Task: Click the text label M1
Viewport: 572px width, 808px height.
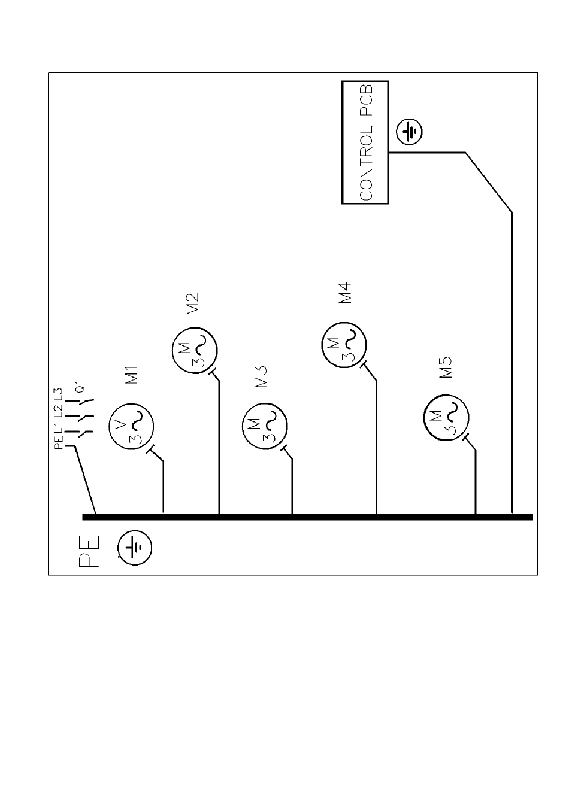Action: tap(132, 375)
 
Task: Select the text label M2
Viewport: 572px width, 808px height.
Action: tap(192, 304)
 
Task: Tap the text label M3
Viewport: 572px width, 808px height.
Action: tap(261, 376)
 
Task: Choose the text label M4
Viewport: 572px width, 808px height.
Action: tap(344, 293)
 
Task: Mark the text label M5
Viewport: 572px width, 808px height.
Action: tap(446, 367)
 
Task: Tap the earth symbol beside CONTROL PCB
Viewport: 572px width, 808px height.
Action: tap(409, 132)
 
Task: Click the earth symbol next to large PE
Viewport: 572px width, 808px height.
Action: tap(135, 548)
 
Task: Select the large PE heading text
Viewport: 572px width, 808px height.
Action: tap(89, 551)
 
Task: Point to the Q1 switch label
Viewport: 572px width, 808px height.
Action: tap(81, 387)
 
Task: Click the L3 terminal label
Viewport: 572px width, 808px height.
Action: tap(58, 394)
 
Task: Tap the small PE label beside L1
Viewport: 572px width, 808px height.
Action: tap(58, 442)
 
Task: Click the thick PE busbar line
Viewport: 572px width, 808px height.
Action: tap(308, 517)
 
